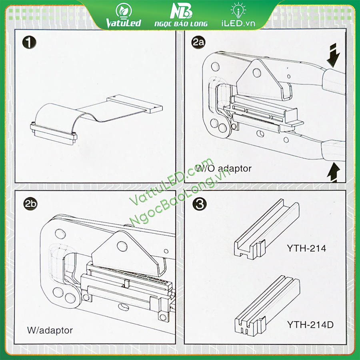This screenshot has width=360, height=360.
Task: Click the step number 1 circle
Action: point(29,42)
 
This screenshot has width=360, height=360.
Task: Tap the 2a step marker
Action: point(198,42)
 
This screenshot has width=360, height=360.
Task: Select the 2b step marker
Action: point(30,204)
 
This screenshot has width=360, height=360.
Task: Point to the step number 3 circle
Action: point(199,204)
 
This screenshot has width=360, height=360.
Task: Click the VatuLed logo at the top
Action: point(123,16)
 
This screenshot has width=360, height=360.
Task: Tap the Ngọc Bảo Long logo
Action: point(181,15)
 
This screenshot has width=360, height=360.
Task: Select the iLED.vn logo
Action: point(238,15)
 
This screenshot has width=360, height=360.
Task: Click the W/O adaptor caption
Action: point(224,168)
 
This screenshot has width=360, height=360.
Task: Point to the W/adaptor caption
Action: point(50,330)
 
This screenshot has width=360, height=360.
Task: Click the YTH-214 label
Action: point(306,248)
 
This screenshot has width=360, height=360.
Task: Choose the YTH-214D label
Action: point(310,325)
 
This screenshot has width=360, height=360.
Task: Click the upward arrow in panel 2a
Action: point(333,172)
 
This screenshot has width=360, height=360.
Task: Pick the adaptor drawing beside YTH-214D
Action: point(267,305)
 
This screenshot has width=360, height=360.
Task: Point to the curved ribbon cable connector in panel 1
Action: point(54,125)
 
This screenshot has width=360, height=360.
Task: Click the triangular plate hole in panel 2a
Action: point(257,73)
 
